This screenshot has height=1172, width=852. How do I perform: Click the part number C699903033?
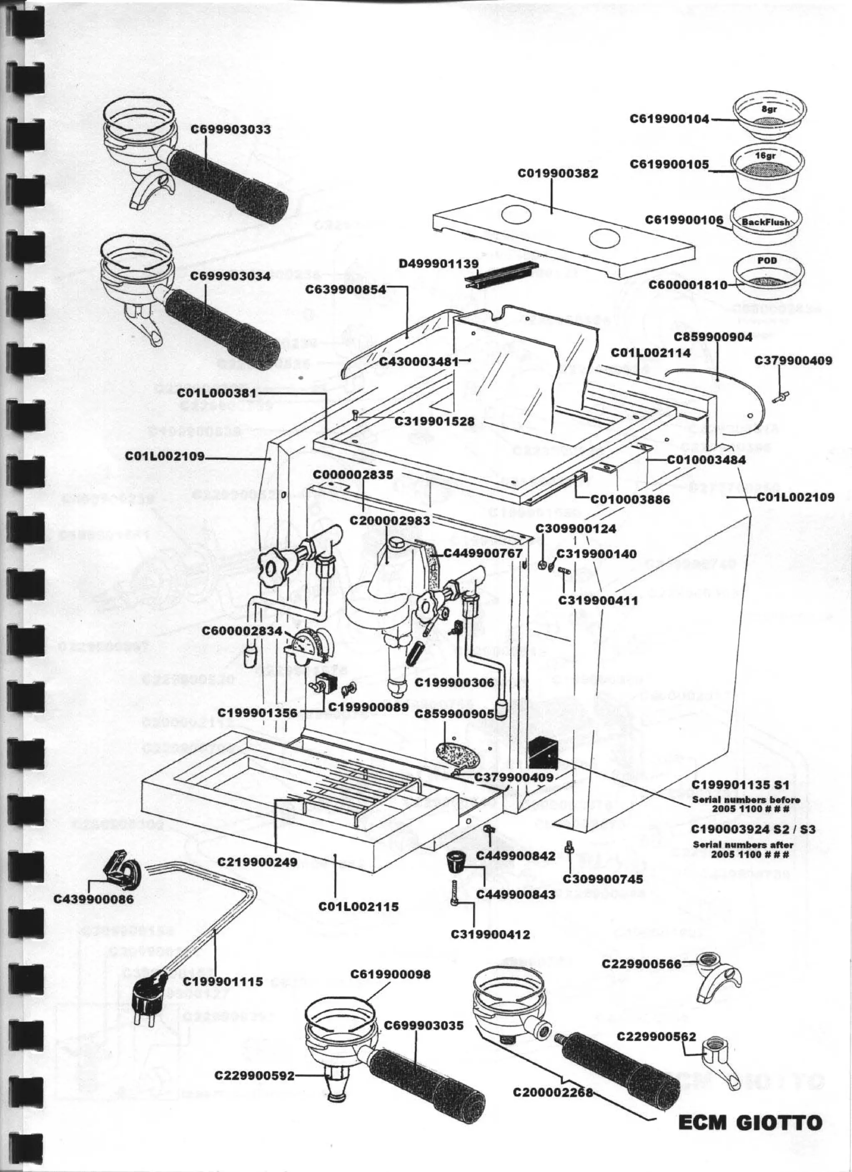(x=230, y=129)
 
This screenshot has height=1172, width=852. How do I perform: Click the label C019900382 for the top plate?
(x=558, y=174)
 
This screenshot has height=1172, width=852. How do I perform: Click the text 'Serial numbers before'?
(x=746, y=799)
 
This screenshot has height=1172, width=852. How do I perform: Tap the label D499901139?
(x=438, y=264)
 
